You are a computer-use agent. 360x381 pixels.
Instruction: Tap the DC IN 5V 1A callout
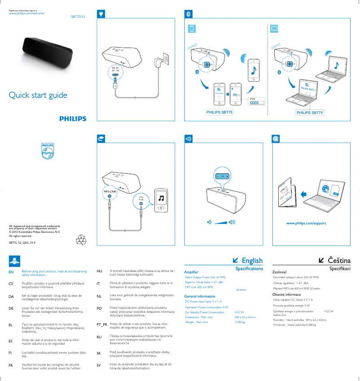(115, 69)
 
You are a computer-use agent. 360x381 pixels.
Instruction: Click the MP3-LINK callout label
(110, 191)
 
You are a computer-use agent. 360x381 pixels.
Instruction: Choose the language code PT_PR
(102, 324)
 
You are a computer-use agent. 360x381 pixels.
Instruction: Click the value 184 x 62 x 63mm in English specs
(245, 317)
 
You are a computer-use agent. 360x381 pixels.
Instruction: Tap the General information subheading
(200, 296)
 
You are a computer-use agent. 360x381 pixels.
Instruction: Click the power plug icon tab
(102, 14)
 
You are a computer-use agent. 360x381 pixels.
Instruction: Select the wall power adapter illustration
(160, 61)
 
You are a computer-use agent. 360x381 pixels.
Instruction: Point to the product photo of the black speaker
(46, 53)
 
